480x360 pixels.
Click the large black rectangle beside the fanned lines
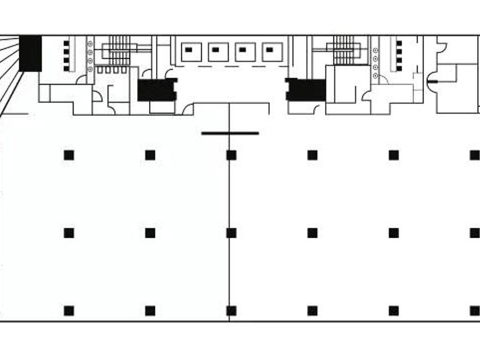30,53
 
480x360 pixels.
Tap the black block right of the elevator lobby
306,90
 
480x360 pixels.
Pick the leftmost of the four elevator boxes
191,52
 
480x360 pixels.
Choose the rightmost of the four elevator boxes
272,52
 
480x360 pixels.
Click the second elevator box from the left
218,52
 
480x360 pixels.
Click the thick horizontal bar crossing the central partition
230,134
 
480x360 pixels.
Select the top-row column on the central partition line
231,155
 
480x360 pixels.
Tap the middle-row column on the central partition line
231,233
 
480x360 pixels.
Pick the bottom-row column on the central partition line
231,311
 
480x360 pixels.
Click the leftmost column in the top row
69,155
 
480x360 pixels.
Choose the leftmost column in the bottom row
69,311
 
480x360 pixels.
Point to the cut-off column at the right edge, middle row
475,233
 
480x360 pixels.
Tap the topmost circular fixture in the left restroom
90,44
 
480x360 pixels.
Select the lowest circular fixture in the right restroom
375,75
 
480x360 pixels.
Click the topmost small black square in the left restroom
66,43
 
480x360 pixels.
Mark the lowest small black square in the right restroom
399,69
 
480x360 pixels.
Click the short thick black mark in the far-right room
433,82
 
